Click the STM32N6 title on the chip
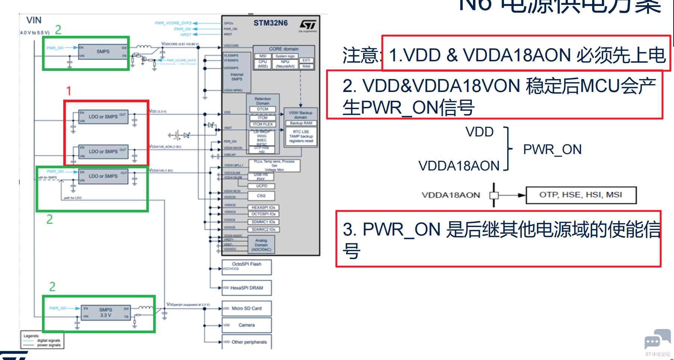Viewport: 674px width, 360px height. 270,23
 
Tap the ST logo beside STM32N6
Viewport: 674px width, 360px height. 307,25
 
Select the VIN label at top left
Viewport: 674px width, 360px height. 34,20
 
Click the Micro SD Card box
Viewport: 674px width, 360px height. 247,308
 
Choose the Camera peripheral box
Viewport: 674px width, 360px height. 247,325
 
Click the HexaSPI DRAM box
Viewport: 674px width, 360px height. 247,288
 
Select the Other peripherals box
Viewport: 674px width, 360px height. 247,342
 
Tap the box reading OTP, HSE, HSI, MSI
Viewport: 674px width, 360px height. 581,195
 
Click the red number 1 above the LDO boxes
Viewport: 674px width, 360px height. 68,91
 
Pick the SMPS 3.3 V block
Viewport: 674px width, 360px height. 105,313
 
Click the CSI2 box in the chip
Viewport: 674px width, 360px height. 261,196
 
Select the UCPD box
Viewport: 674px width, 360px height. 262,186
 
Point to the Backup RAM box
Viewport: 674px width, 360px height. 301,123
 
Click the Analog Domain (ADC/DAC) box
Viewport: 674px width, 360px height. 261,245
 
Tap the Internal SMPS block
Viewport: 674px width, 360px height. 236,77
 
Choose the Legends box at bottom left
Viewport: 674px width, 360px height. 42,340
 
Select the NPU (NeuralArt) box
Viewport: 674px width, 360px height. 285,64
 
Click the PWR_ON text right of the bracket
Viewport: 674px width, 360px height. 552,150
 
